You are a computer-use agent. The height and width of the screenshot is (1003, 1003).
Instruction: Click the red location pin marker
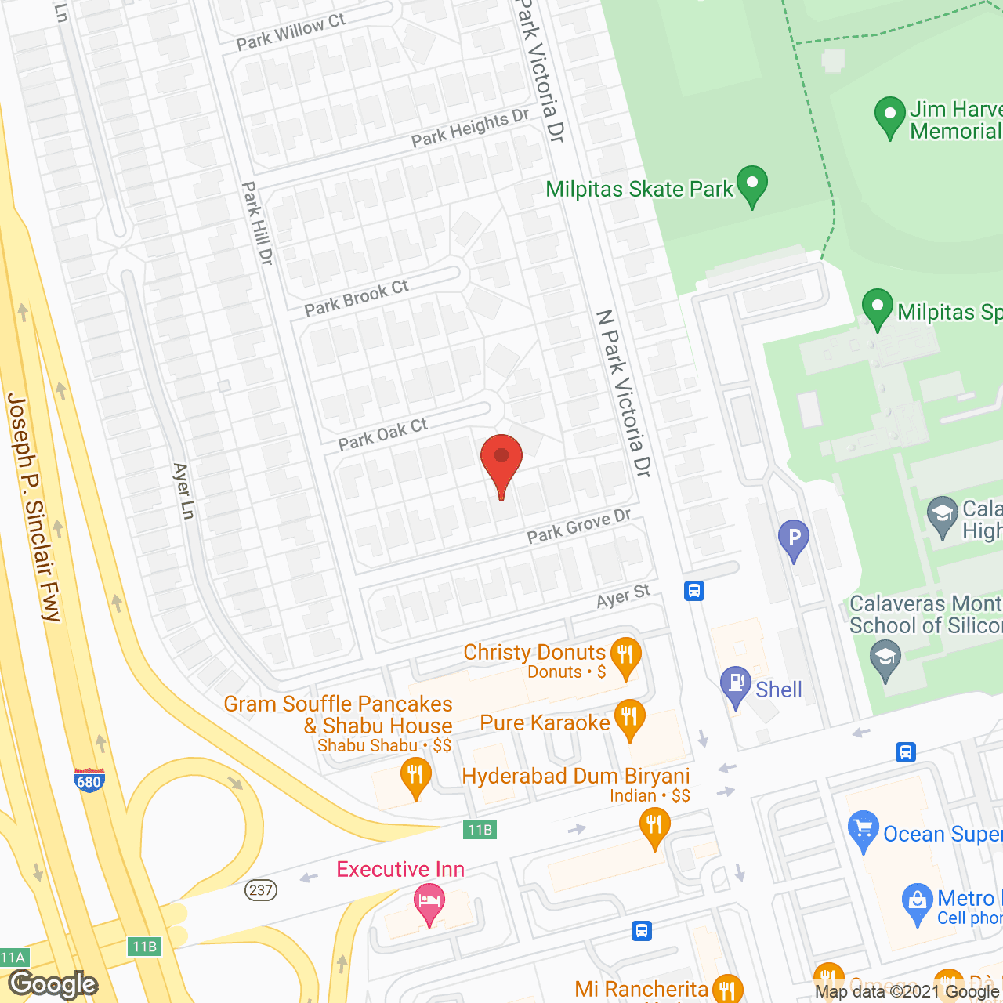coord(501,462)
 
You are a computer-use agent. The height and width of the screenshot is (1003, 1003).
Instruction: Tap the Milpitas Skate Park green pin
coord(752,186)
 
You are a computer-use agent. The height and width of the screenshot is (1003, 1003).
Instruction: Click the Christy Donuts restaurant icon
coord(625,656)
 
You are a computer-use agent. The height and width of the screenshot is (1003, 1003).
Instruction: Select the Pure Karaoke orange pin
coord(629,719)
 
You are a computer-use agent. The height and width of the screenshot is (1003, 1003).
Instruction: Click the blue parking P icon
coord(794,539)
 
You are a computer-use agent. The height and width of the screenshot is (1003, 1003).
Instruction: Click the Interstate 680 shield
coord(89,780)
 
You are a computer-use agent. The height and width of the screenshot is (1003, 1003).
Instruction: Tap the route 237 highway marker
coord(261,890)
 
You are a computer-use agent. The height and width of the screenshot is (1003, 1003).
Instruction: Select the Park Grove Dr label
coord(579,526)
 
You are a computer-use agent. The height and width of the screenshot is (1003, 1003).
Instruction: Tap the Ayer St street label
coord(624,597)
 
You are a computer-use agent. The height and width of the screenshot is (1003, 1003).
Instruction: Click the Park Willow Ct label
coord(291,32)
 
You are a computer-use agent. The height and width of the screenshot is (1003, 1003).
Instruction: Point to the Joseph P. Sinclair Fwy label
coord(33,508)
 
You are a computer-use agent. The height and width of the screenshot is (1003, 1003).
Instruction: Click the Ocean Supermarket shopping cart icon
coord(863,830)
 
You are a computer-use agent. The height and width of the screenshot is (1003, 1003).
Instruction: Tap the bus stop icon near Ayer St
coord(694,590)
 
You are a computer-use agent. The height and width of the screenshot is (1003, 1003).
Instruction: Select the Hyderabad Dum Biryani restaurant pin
coord(654,827)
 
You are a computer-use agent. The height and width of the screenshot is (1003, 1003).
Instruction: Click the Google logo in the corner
coord(53,984)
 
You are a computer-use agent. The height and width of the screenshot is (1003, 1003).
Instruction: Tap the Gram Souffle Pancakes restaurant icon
coord(415,777)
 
